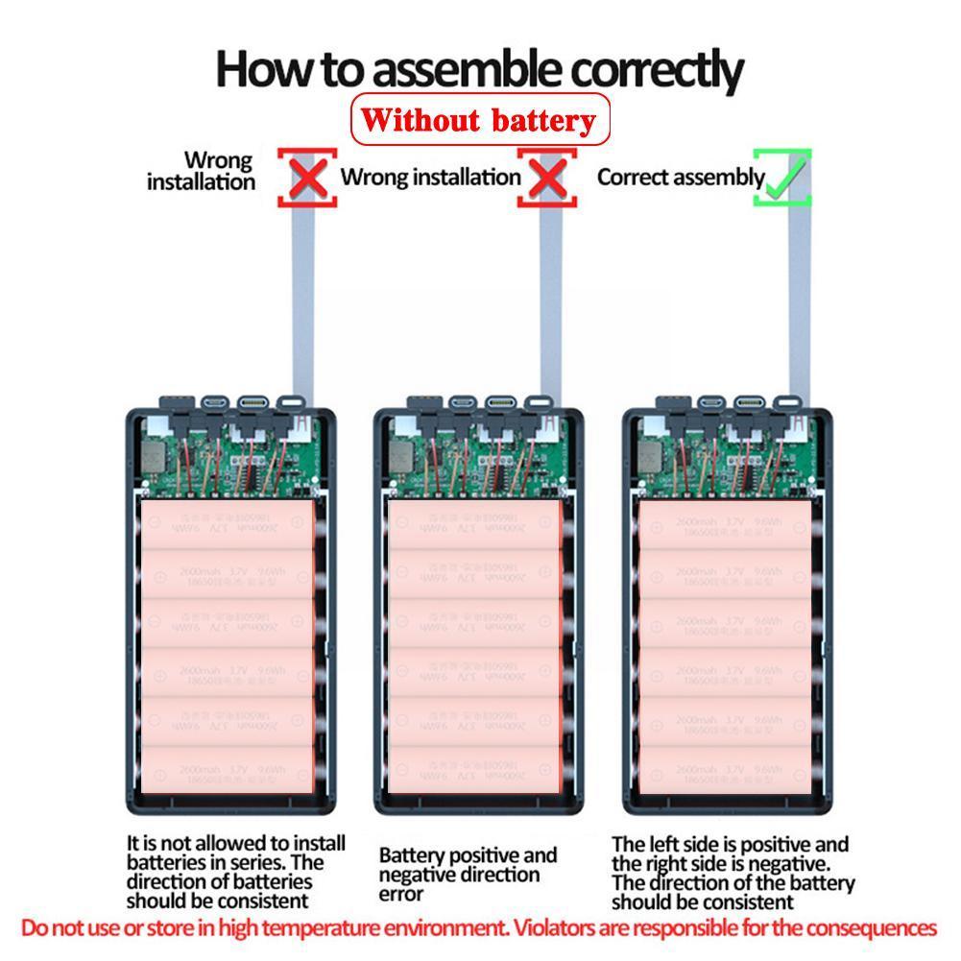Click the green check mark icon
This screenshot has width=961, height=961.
click(783, 178)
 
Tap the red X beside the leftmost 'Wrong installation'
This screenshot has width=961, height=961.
click(307, 178)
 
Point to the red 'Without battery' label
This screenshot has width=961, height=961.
click(480, 120)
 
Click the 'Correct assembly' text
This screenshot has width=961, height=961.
click(681, 178)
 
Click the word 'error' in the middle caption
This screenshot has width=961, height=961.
click(401, 894)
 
